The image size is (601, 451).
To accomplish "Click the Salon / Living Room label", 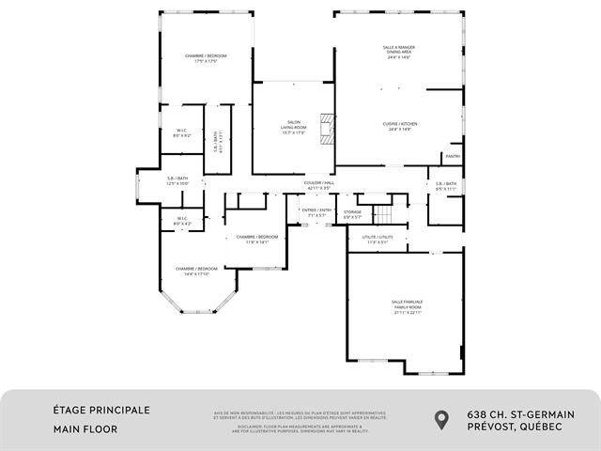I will tap(294, 129).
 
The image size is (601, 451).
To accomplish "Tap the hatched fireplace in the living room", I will tap(327, 129).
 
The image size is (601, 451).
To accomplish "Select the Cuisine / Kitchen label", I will tap(400, 127).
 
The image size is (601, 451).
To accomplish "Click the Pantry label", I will tap(453, 156).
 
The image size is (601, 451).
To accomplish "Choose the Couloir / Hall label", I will tap(320, 185).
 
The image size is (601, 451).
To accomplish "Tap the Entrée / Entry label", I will tap(316, 212).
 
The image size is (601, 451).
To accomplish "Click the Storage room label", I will tap(352, 215).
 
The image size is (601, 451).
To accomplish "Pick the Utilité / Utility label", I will tap(378, 240).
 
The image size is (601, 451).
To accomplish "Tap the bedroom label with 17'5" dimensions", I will tap(206, 58).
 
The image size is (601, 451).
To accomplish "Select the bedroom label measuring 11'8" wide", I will tap(256, 239).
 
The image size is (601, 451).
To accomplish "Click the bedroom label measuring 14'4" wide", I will tap(196, 272).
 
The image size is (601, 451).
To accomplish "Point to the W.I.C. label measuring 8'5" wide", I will tap(182, 132).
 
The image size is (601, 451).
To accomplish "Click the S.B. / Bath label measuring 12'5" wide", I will tap(178, 180).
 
